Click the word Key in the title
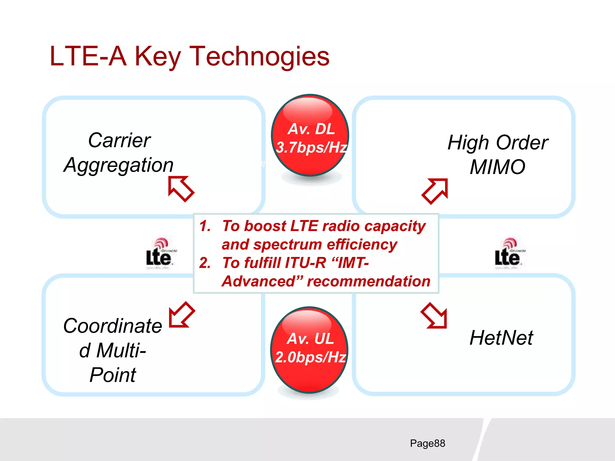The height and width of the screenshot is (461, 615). (158, 56)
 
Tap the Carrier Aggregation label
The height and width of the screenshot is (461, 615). (119, 153)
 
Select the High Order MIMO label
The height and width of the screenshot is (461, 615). (498, 155)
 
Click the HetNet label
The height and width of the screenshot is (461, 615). (501, 338)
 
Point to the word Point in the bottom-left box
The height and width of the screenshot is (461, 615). (113, 375)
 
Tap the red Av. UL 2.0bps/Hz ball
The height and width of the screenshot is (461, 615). (310, 350)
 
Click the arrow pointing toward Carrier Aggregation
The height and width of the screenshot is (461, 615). (181, 189)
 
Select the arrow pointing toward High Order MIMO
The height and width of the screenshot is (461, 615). (435, 191)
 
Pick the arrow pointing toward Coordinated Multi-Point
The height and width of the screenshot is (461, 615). (182, 315)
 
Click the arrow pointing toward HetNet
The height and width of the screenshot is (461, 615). (434, 316)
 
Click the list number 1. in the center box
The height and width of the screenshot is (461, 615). (205, 226)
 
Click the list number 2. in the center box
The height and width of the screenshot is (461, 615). (205, 263)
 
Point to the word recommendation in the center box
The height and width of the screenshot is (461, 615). (368, 282)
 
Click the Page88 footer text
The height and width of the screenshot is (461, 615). (427, 443)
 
